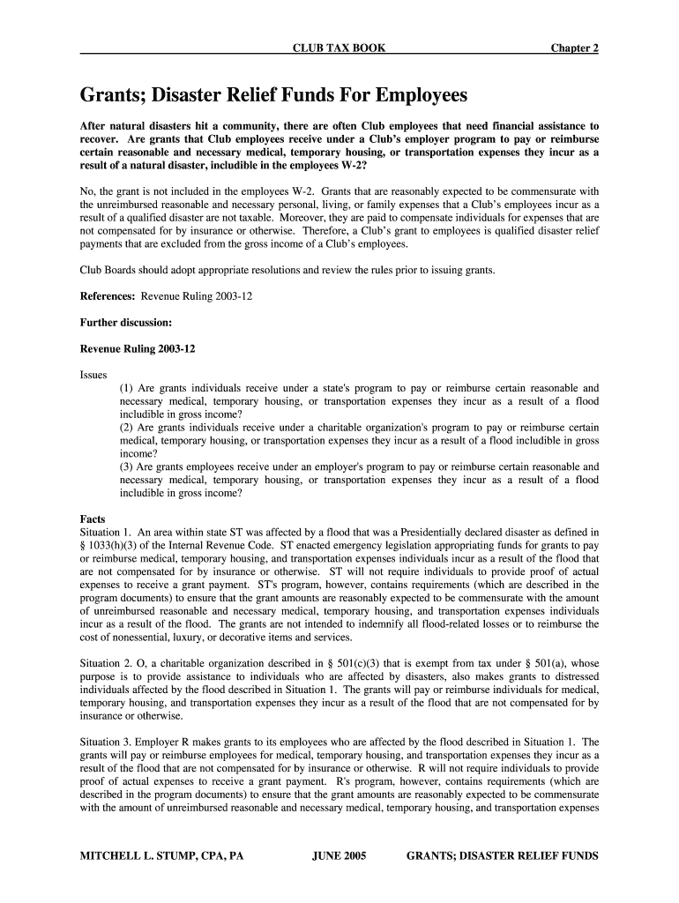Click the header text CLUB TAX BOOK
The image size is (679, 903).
339,48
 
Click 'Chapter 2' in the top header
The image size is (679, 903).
575,48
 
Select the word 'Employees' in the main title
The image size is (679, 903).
417,94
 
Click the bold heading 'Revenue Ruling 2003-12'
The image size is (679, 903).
138,349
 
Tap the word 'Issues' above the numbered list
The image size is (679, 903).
93,375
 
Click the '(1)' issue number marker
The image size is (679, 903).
128,388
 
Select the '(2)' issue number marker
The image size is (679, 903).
128,428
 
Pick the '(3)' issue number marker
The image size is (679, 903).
128,467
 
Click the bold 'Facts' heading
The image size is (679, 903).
93,519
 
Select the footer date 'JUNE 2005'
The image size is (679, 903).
339,856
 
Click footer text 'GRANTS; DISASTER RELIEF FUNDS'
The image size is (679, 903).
502,856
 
